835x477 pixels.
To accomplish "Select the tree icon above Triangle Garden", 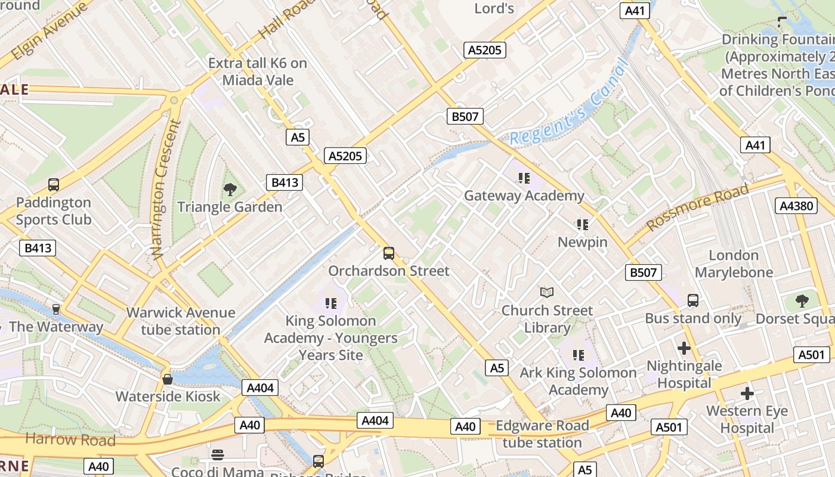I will [230, 190].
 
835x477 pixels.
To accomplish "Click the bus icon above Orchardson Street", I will [389, 253].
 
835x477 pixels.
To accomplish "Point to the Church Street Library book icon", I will [547, 292].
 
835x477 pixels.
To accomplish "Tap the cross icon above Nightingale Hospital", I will [684, 348].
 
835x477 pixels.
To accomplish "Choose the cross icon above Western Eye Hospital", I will [747, 394].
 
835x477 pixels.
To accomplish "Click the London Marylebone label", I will [734, 264].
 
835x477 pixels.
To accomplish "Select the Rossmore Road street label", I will [698, 206].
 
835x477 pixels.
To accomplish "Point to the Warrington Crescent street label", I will [160, 190].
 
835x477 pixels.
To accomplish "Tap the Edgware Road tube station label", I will [542, 434].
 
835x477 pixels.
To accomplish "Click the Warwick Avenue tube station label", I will [181, 321].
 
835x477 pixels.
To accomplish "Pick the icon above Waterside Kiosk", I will [168, 379].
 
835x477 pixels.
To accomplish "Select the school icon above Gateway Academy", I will [524, 178].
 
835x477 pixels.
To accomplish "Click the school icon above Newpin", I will [582, 225].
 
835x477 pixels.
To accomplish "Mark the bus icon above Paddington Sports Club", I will [54, 185].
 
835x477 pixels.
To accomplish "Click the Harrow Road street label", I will [70, 440].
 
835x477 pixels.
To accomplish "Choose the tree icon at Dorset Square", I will [802, 301].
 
